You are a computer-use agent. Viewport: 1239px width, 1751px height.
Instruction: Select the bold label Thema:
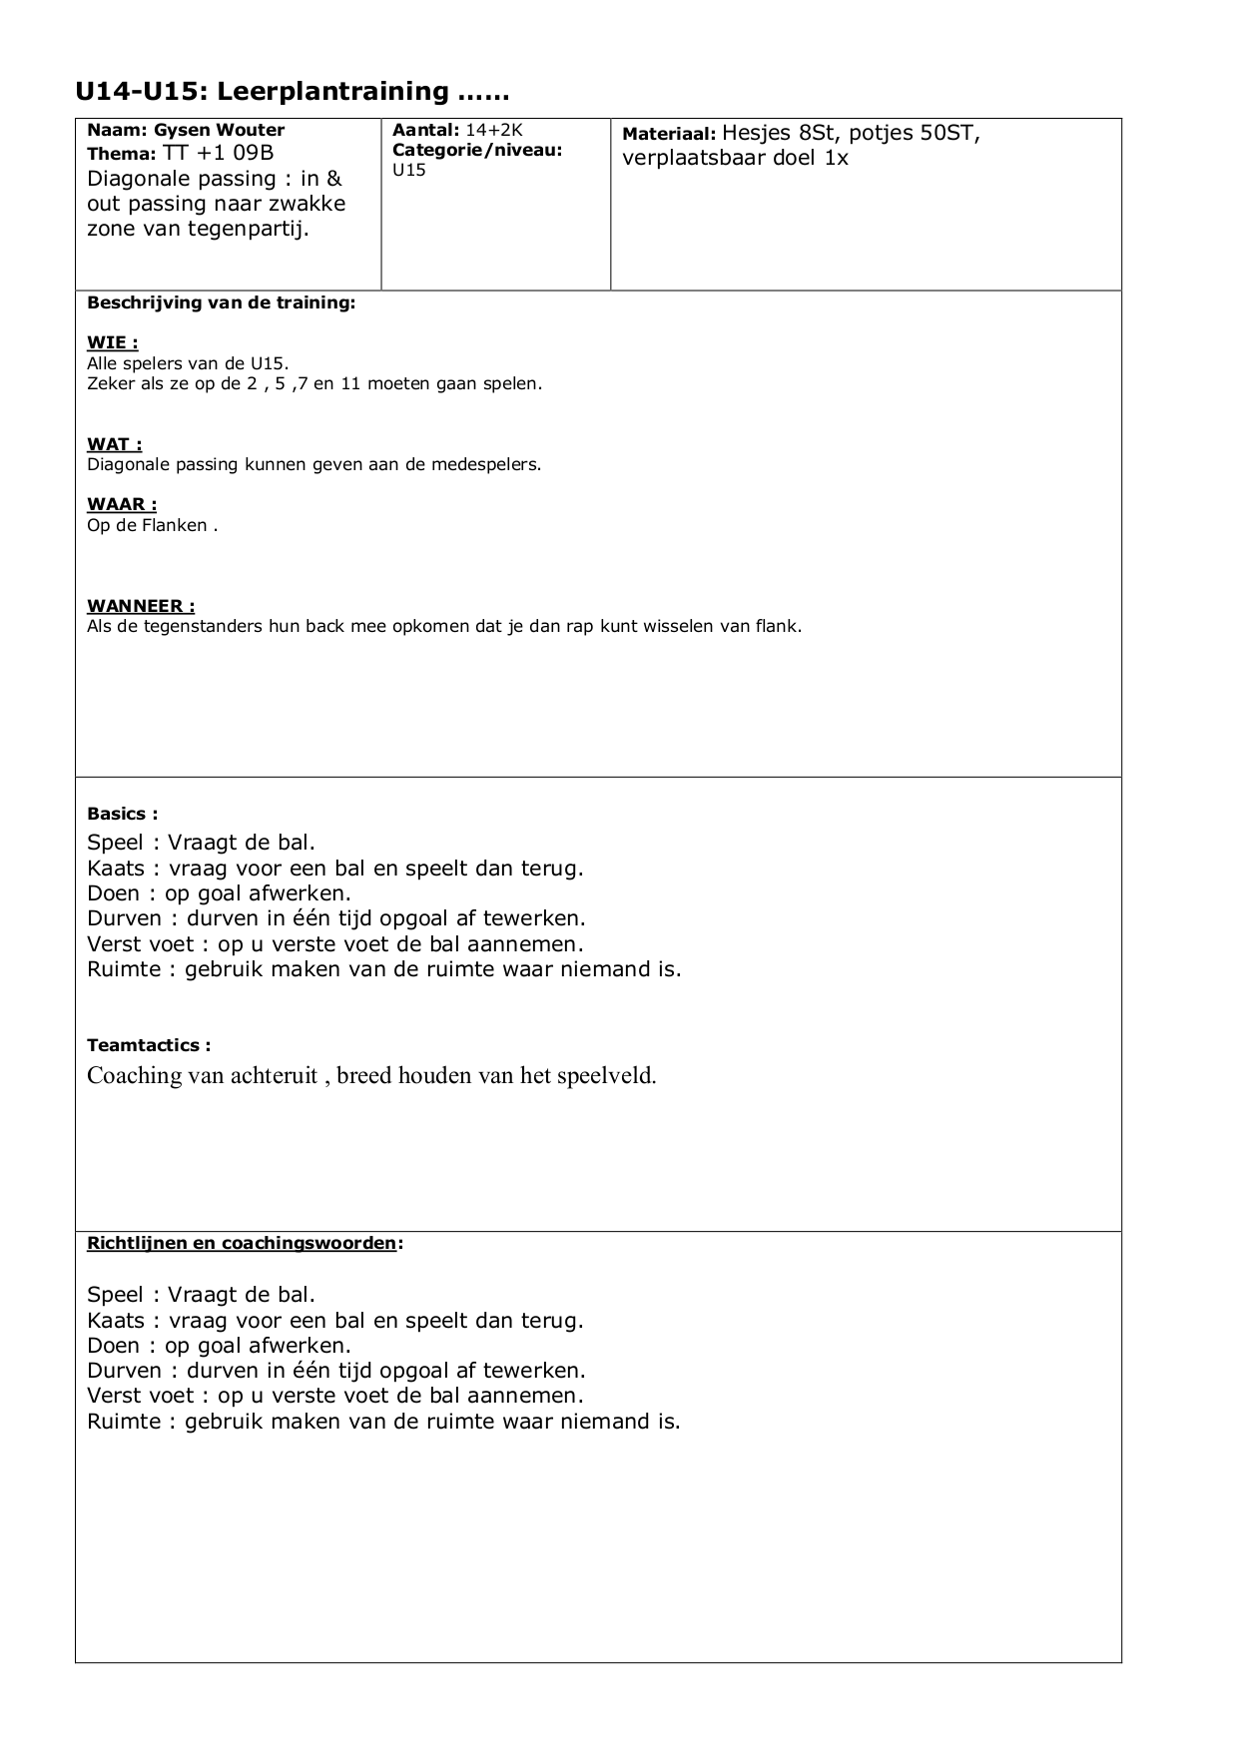[x=122, y=154]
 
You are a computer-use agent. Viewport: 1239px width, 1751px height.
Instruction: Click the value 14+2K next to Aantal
[x=494, y=130]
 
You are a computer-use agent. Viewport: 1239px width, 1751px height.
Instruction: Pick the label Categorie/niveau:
[x=477, y=150]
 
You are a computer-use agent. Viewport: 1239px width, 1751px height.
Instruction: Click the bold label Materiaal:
[x=669, y=134]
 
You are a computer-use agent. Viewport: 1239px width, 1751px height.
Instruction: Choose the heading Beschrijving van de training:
[x=221, y=302]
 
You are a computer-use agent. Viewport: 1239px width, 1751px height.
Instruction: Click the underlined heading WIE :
[x=113, y=343]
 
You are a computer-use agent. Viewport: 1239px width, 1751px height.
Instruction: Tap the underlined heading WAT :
[x=114, y=444]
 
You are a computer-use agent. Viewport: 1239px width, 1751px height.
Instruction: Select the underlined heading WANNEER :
[x=141, y=606]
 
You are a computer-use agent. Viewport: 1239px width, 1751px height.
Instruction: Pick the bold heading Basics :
[x=122, y=814]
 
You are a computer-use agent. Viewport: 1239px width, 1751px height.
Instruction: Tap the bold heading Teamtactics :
[x=149, y=1045]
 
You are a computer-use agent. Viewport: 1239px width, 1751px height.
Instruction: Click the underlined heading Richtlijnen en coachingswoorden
[x=242, y=1243]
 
